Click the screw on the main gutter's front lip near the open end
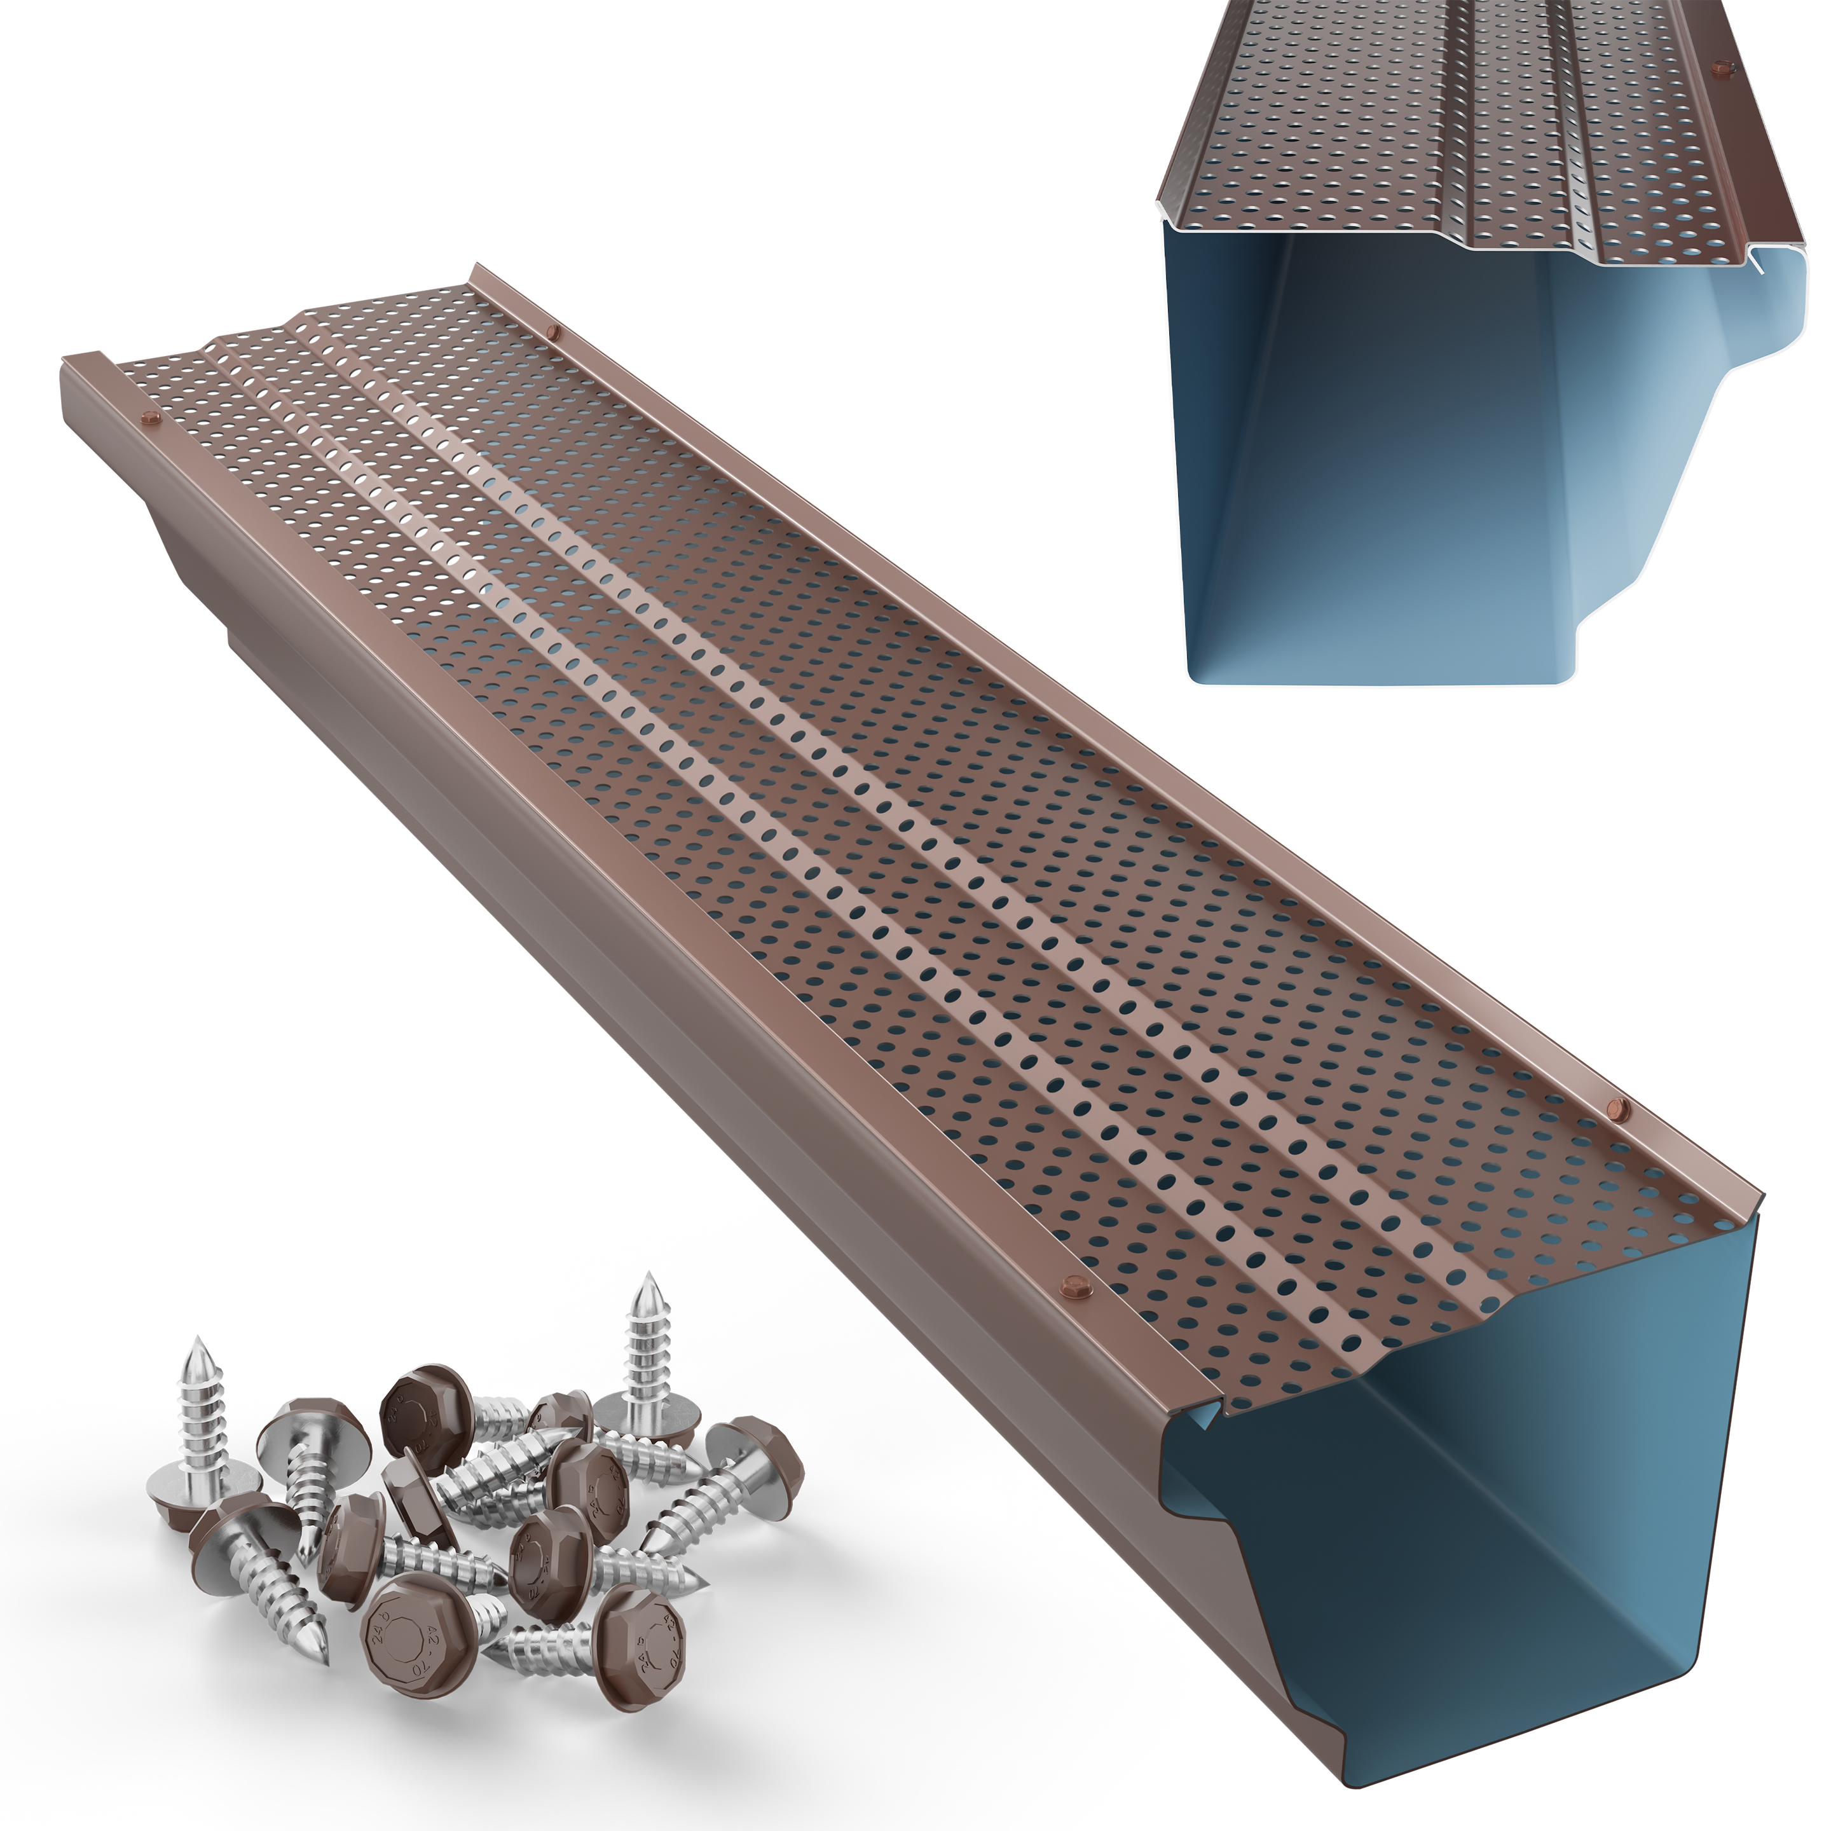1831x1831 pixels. (1074, 1286)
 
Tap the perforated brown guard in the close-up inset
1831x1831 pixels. (1422, 142)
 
